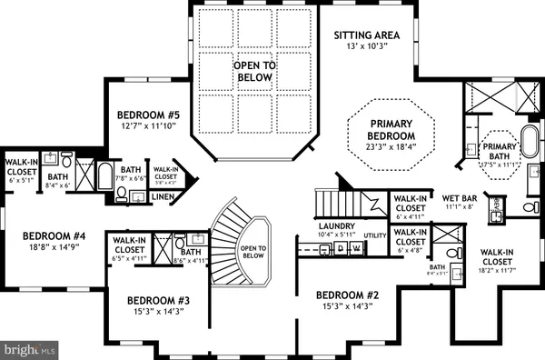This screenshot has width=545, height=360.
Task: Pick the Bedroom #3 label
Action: point(158,300)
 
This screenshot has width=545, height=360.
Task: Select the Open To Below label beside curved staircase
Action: point(254,253)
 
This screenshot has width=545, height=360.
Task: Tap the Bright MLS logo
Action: point(30,347)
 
